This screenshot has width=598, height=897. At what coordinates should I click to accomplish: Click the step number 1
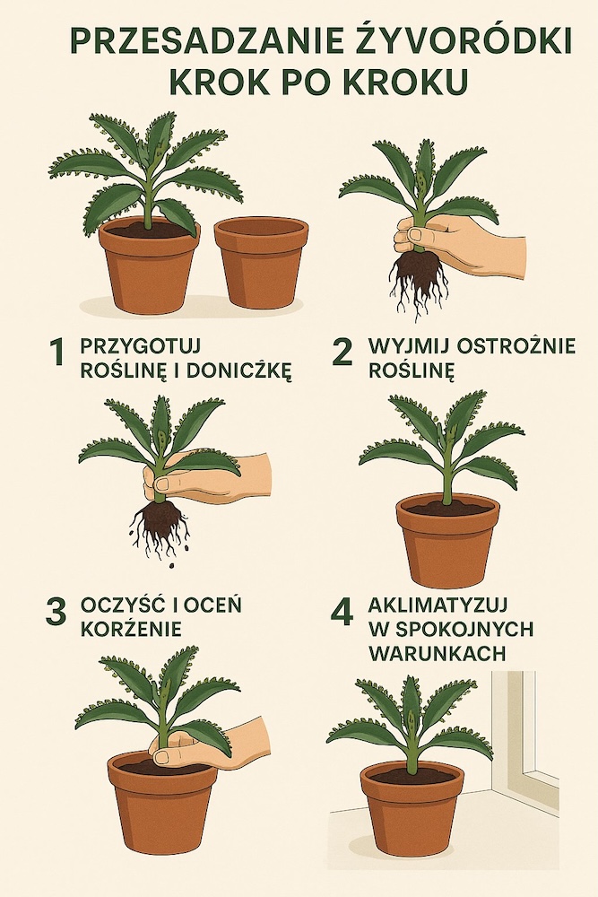click(x=56, y=353)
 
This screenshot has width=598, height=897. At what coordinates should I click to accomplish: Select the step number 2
click(x=342, y=353)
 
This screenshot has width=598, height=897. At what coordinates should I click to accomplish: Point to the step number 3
click(x=56, y=613)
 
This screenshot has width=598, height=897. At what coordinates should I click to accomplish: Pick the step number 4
click(x=342, y=612)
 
